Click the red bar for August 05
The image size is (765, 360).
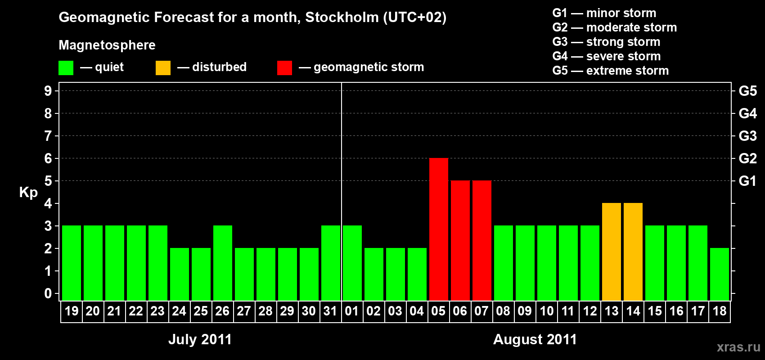[439, 229]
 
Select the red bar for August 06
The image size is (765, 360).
[460, 240]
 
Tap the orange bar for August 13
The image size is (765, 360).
[612, 252]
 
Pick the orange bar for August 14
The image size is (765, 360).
[633, 252]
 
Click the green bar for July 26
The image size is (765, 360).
[223, 263]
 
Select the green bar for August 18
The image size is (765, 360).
[720, 274]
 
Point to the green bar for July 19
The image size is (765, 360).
[72, 263]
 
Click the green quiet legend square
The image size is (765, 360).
[66, 68]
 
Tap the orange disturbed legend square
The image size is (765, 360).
[163, 68]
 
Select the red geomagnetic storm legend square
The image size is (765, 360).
[284, 68]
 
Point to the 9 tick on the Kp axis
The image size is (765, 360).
[48, 91]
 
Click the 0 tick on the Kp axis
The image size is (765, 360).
[48, 293]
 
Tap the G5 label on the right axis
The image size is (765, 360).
[747, 91]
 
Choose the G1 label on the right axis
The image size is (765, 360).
[747, 181]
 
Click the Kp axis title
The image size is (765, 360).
[28, 192]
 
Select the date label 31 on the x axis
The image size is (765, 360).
[330, 311]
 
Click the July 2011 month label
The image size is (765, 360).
[200, 339]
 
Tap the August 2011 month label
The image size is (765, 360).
[535, 339]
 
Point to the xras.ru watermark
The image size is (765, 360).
[738, 346]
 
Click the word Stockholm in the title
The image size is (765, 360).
[342, 17]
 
